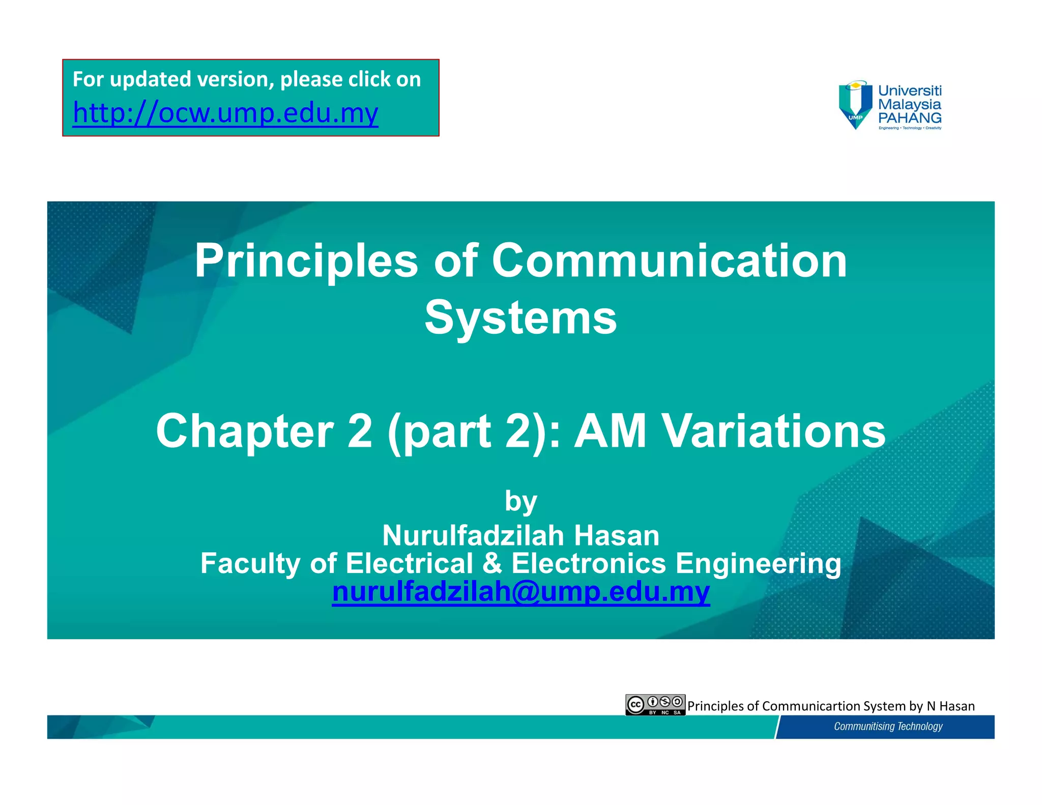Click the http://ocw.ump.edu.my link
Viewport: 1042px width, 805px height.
tap(225, 113)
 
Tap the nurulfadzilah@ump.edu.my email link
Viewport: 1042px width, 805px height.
tap(520, 592)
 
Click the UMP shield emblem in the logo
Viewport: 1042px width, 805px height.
tap(855, 105)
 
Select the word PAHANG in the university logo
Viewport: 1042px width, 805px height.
tap(910, 118)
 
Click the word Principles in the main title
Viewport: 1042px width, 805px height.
tap(306, 261)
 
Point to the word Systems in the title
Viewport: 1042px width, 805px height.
tap(520, 318)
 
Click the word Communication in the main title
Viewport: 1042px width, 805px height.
tap(669, 261)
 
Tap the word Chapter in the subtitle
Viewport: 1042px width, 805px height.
tap(245, 431)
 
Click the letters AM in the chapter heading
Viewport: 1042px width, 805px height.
tap(610, 431)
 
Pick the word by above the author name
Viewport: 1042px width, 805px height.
tap(520, 502)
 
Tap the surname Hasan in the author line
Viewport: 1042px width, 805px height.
tap(617, 535)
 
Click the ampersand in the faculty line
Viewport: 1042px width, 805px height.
tap(492, 563)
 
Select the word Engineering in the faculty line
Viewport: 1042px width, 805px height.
tap(758, 563)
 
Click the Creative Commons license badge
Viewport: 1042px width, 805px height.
tap(655, 705)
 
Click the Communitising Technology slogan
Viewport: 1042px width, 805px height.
tap(888, 726)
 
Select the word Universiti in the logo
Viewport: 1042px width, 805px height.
tap(910, 91)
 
